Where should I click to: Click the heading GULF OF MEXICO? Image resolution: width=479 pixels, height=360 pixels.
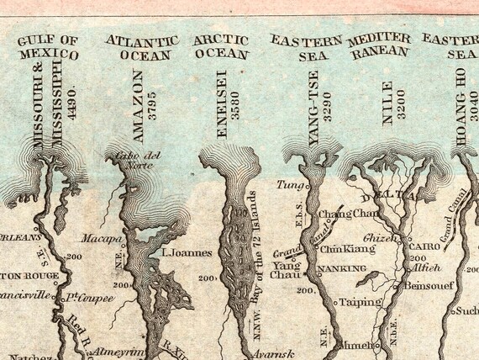pos(47,48)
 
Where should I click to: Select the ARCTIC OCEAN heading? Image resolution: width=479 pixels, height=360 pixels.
pos(222,47)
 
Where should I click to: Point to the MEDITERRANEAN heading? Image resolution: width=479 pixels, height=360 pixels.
pos(378,45)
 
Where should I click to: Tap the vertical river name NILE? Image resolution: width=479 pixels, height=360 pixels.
pos(387,103)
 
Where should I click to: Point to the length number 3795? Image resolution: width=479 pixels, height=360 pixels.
pos(152,104)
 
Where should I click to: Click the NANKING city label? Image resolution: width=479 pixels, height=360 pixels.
pos(343,269)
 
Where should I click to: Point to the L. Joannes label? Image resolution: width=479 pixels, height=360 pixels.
pos(185,251)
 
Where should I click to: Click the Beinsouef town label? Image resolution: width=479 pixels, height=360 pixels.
pos(428,286)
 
